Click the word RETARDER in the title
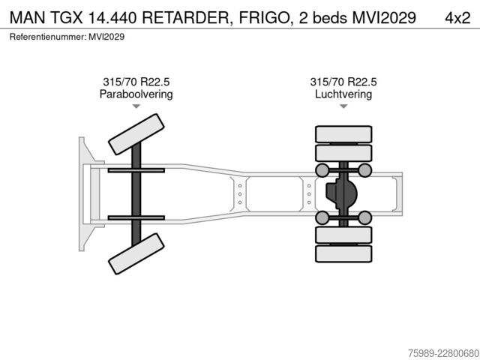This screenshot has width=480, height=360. coord(185,18)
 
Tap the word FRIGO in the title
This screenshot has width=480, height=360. coord(264,18)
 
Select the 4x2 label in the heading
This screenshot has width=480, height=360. coord(457,18)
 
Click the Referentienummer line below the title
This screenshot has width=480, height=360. coord(67,37)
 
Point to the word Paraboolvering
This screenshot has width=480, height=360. coord(136,94)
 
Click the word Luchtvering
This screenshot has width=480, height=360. coord(343,94)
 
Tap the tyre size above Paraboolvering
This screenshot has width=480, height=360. coord(136,82)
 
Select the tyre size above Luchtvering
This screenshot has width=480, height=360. coord(343,82)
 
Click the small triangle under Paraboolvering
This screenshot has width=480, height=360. coord(136,106)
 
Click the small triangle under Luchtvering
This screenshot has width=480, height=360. coord(343,106)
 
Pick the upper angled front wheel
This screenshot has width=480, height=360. coord(136,134)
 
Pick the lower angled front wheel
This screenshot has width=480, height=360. coord(136,253)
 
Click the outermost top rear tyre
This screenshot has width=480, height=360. coord(343,134)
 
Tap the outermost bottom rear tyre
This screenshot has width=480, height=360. coord(343,253)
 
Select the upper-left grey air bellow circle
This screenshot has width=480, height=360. coord(322,170)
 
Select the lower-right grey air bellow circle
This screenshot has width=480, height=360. coord(365,217)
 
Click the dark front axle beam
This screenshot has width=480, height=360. coord(136,194)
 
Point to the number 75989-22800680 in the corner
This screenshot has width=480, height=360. coord(443,353)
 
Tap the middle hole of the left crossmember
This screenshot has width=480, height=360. coord(240,194)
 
